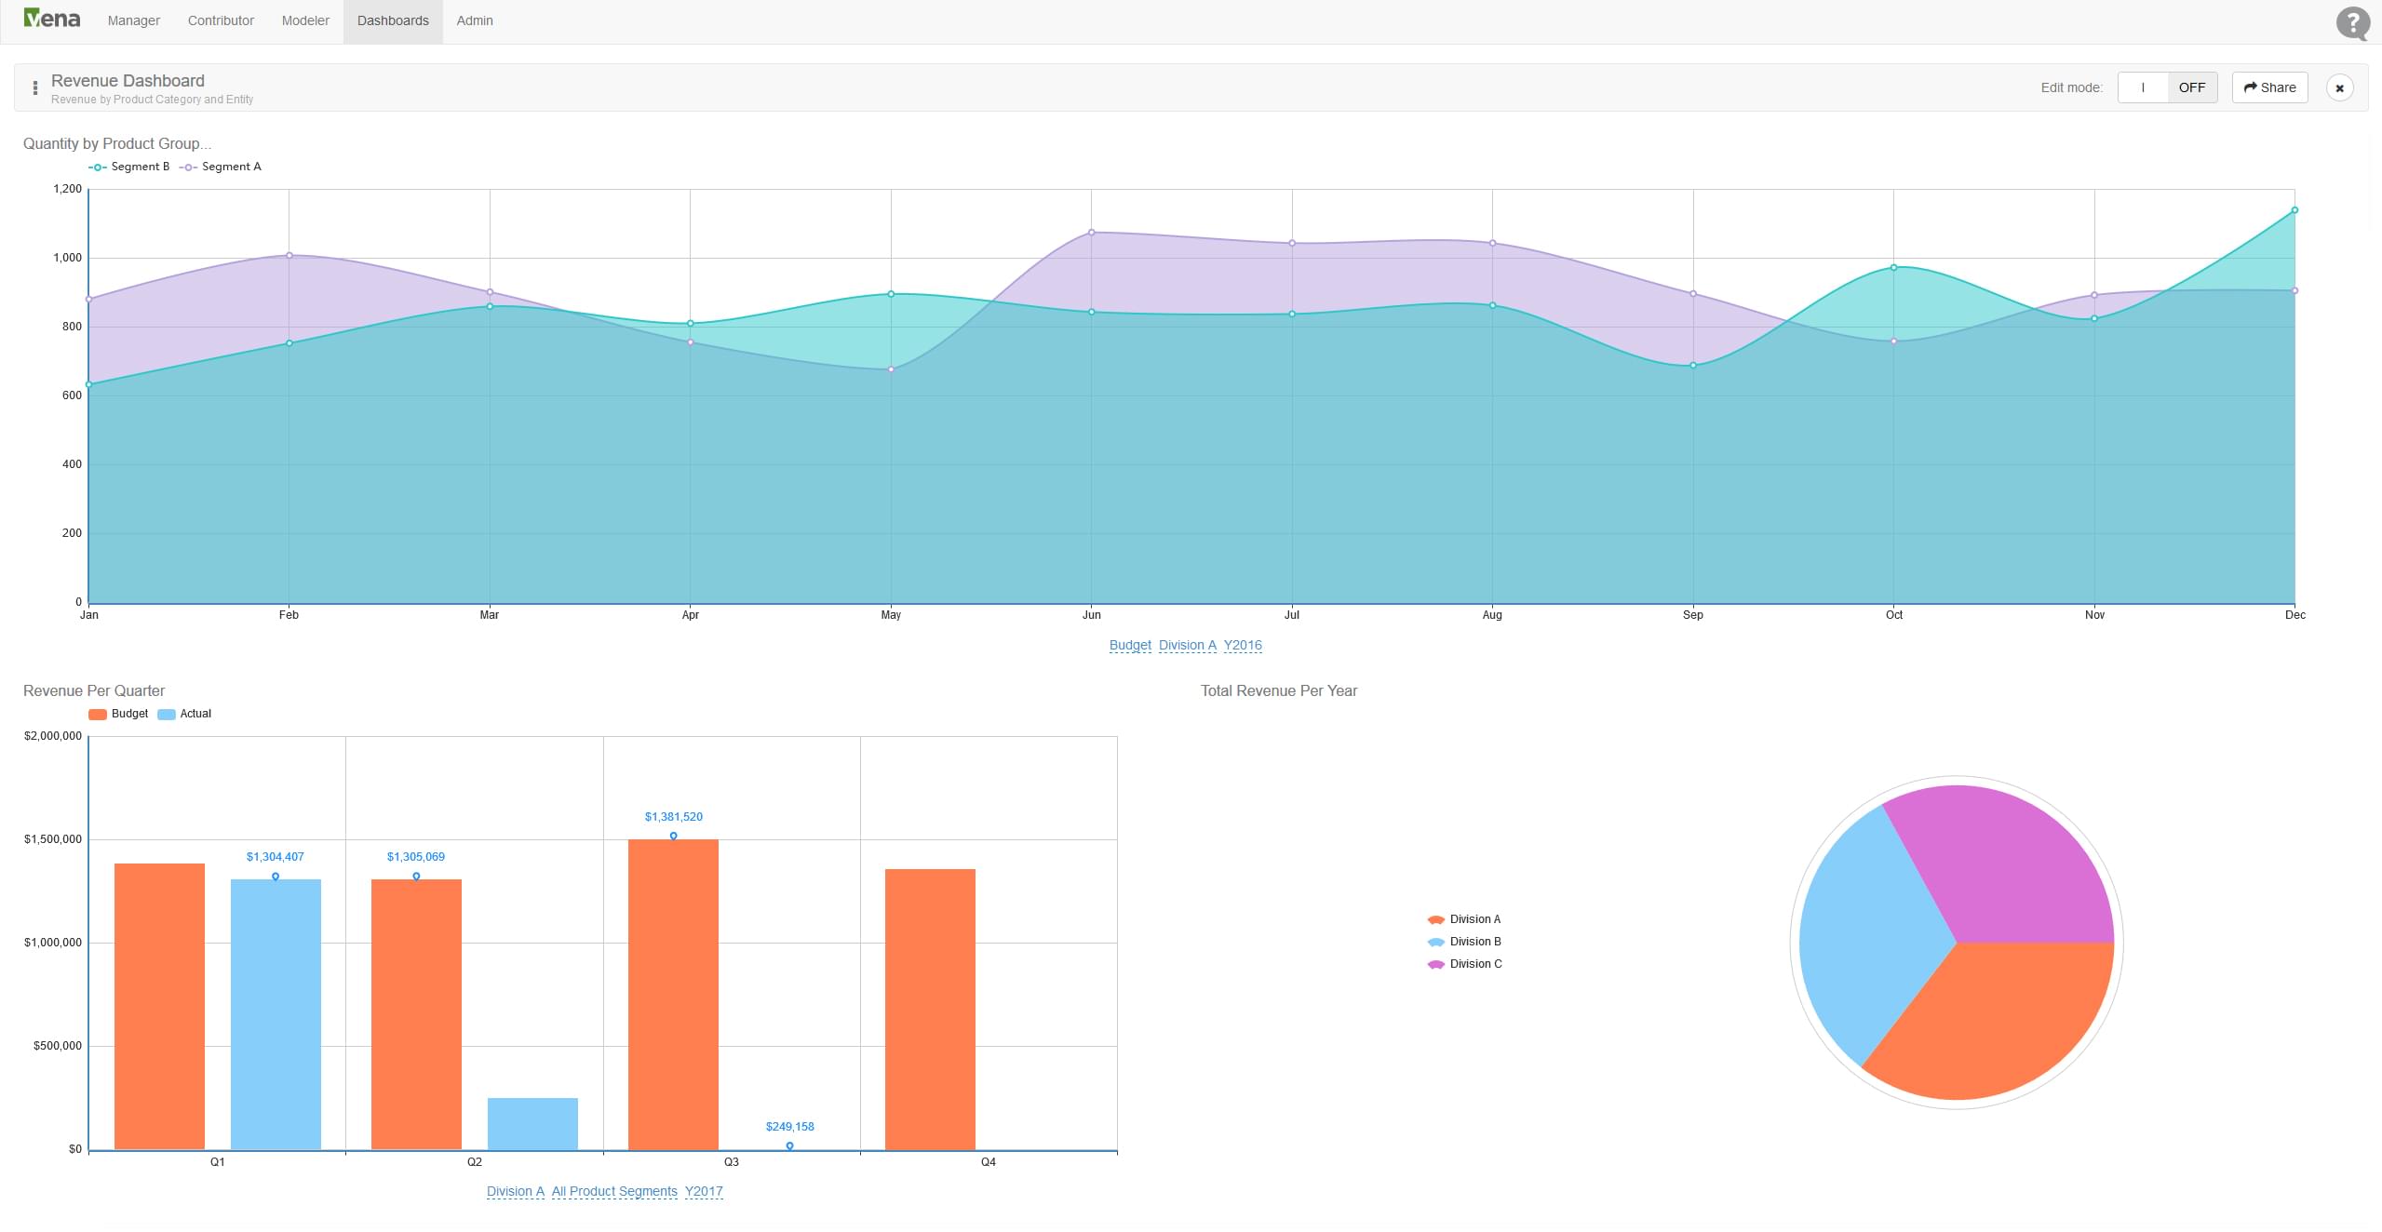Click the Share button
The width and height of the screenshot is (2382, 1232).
coord(2269,87)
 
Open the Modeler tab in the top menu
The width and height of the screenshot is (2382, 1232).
coord(305,20)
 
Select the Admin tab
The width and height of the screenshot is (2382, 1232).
coord(475,20)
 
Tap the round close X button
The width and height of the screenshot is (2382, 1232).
coord(2339,87)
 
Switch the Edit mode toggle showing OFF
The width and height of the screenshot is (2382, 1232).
coord(2167,87)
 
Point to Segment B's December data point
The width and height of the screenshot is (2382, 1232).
coord(2295,210)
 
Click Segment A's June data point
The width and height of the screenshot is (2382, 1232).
coord(1091,232)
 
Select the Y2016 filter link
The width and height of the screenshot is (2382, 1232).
coord(1243,645)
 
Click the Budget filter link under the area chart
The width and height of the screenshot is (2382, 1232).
coord(1130,645)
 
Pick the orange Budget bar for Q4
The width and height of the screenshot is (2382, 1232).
coord(930,1009)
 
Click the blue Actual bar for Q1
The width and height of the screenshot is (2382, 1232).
coord(276,1014)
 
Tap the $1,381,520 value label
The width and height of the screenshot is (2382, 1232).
coord(674,817)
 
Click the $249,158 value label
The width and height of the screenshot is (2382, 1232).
coord(789,1127)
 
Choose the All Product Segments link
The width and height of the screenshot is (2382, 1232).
coord(614,1191)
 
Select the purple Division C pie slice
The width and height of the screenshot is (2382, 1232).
coord(2001,865)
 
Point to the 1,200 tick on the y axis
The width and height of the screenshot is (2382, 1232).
coord(67,189)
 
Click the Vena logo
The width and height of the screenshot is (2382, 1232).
coord(52,19)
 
